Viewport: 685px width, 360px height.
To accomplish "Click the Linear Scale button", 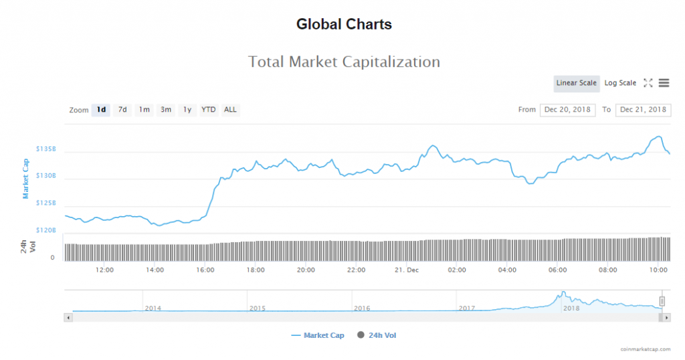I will click(576, 83).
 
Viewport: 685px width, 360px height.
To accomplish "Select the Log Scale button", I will click(620, 83).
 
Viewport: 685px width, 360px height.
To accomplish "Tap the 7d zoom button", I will click(122, 110).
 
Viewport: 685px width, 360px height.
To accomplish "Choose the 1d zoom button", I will click(101, 110).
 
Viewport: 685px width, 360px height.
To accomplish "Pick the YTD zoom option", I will click(209, 110).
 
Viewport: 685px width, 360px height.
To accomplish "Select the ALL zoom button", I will click(230, 110).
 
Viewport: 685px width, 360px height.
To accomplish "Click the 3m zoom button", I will click(165, 110).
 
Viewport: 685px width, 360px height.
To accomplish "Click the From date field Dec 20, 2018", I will click(567, 110).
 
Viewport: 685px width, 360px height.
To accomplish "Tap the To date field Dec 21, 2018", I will click(643, 110).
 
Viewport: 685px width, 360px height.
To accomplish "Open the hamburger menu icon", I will click(664, 83).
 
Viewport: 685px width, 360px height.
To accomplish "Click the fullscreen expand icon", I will click(648, 83).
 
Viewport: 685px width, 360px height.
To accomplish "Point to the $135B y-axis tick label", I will click(46, 149).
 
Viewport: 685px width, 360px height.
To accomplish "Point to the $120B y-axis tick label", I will click(46, 230).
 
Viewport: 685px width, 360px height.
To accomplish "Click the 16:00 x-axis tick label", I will click(205, 270).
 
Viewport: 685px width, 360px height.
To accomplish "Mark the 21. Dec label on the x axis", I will click(407, 270).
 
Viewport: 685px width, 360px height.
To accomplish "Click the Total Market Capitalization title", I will click(344, 62).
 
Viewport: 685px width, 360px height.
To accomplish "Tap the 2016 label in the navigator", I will click(362, 308).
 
